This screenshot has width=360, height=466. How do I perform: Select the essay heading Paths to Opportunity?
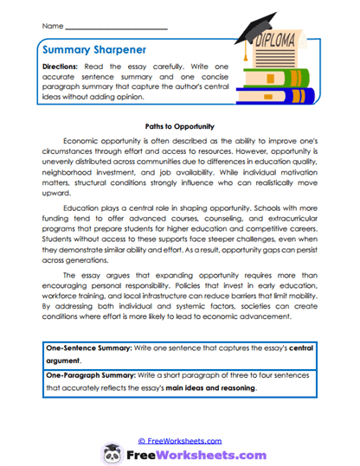click(x=179, y=126)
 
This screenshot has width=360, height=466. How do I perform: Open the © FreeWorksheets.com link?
click(x=179, y=440)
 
